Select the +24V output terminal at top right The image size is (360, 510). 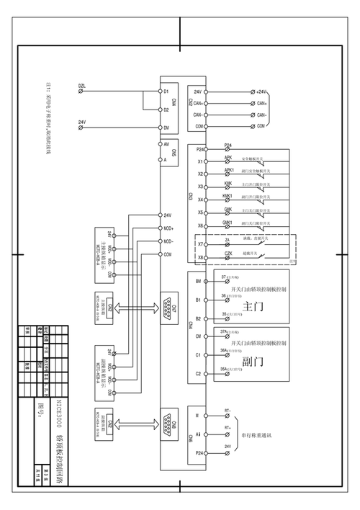click(260, 92)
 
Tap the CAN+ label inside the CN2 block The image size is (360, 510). click(198, 104)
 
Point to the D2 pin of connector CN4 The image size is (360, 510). click(166, 110)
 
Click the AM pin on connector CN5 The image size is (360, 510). click(166, 144)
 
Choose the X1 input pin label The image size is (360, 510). click(200, 162)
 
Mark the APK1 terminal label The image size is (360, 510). click(228, 170)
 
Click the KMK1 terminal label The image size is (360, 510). click(228, 196)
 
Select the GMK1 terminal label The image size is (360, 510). click(228, 222)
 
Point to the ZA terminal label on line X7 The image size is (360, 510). click(228, 241)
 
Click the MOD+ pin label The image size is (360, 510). click(168, 228)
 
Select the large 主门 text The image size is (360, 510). click(251, 306)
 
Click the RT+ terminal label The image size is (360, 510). click(228, 427)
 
